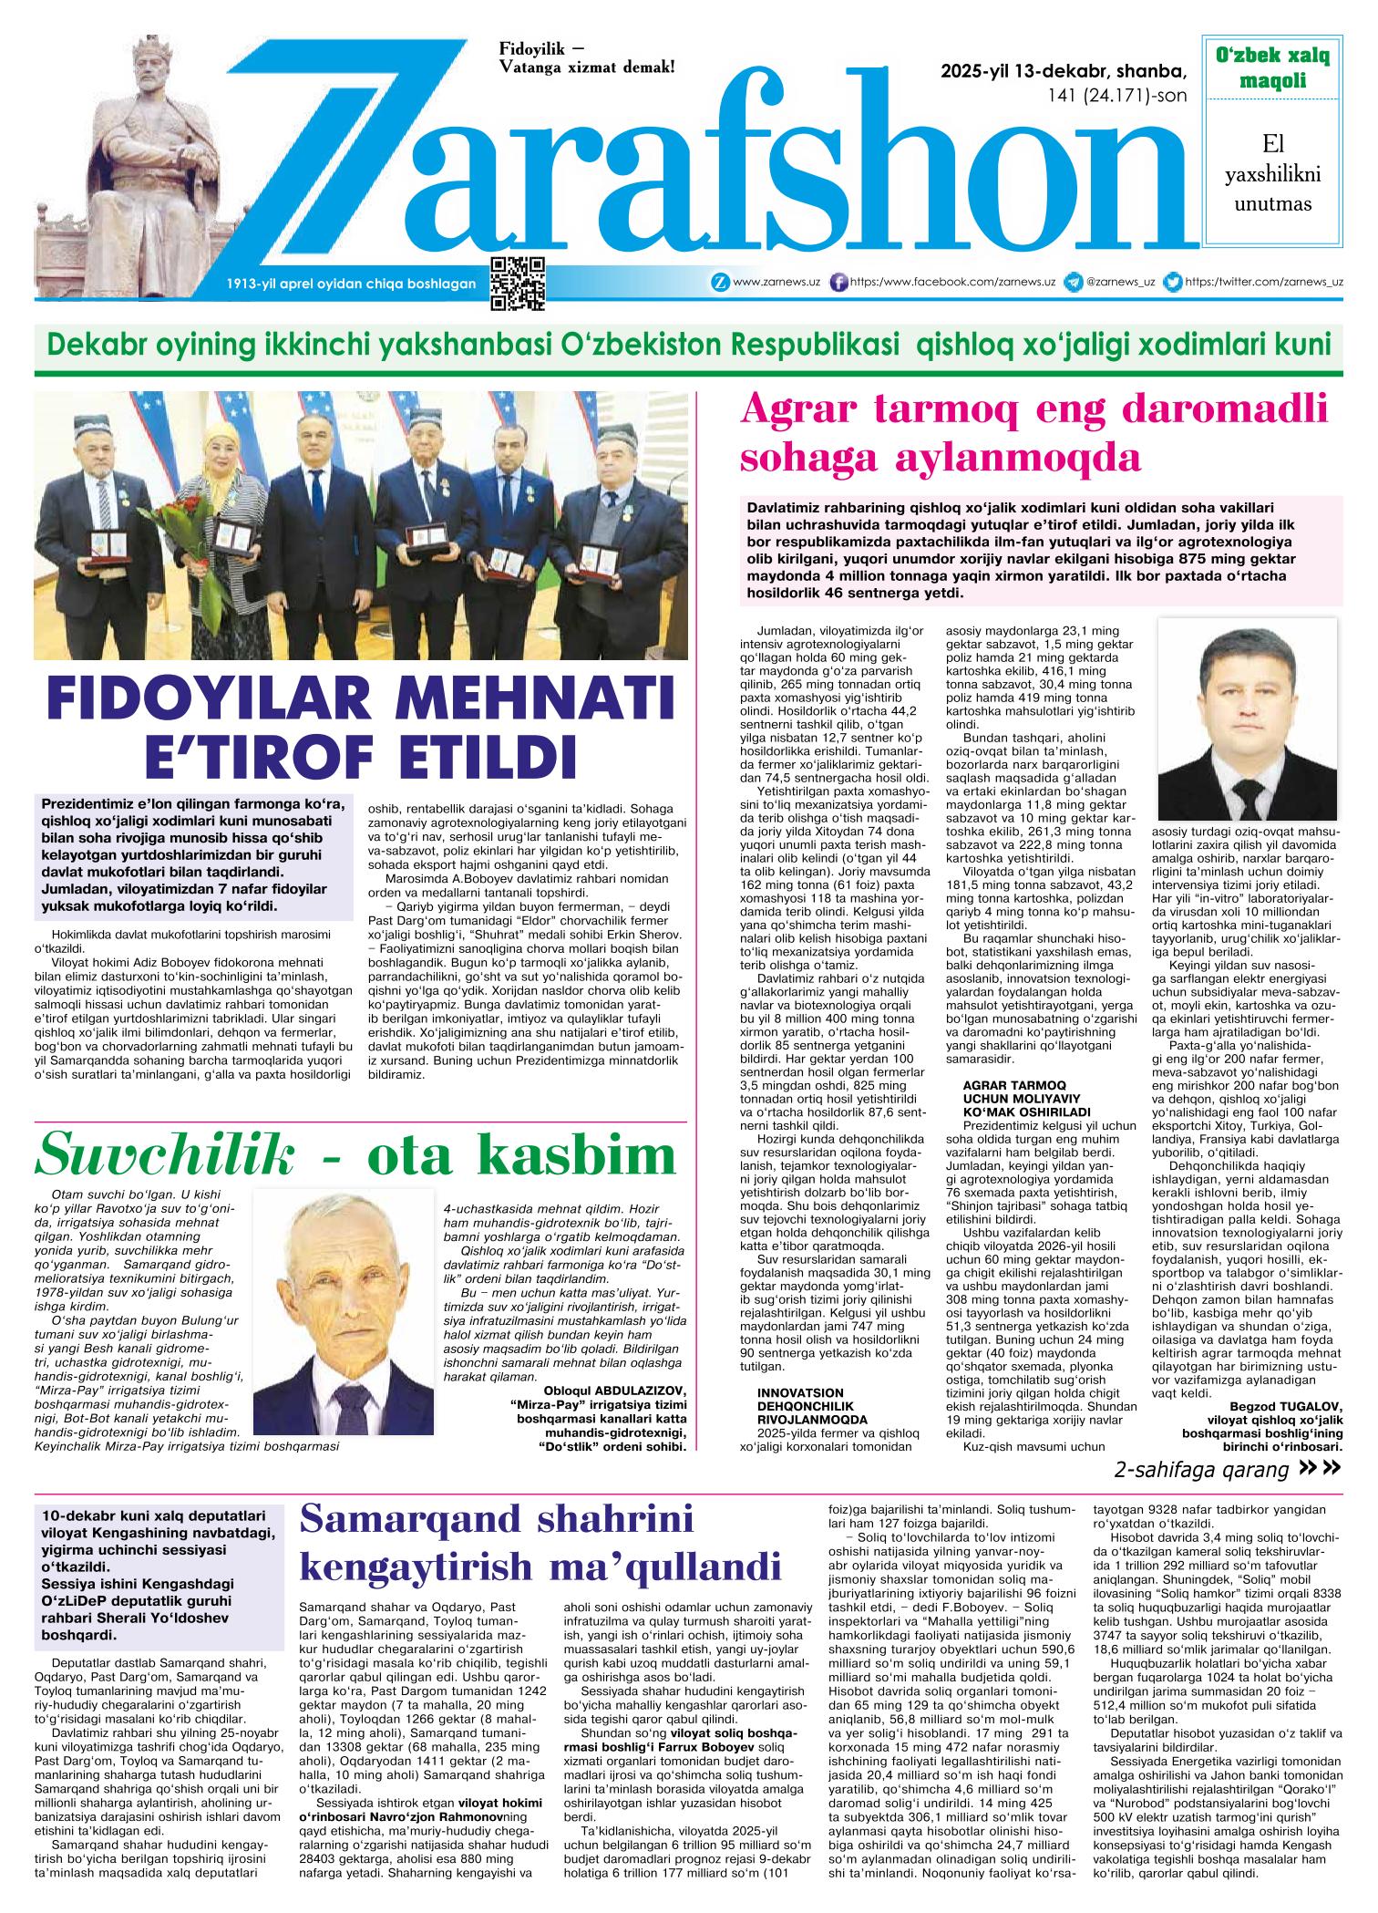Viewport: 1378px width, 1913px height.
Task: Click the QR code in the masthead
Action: click(x=518, y=283)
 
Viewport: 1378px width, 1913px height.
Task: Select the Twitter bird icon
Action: click(x=1174, y=283)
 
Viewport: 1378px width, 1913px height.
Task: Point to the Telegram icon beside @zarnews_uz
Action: click(x=1074, y=283)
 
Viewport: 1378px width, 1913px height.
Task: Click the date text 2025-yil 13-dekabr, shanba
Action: click(x=1064, y=71)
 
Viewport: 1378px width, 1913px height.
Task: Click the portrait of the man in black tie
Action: click(x=1246, y=719)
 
